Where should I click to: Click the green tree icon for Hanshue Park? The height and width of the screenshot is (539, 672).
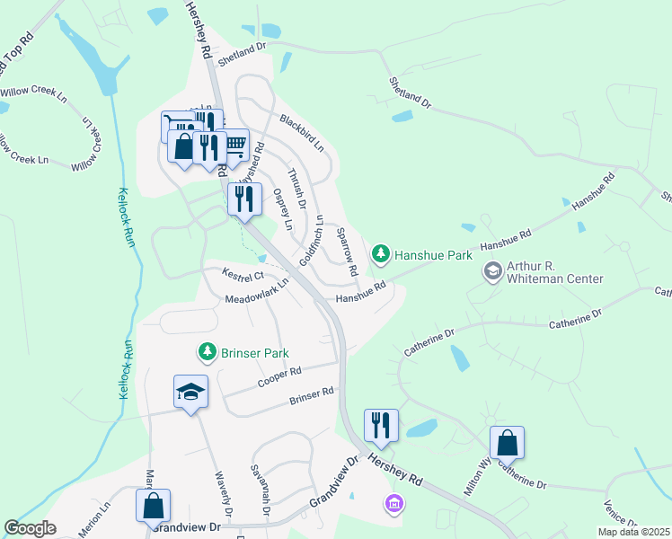(x=381, y=255)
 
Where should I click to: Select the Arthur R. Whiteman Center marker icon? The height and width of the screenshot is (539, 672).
(x=492, y=270)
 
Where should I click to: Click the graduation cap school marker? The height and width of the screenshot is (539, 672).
(x=190, y=392)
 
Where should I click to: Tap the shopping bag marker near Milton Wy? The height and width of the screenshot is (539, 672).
(x=507, y=442)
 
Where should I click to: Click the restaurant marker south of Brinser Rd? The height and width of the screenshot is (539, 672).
(x=381, y=426)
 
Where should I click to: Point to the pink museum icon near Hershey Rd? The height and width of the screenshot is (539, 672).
(x=393, y=504)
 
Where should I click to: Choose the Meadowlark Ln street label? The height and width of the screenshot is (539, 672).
(x=257, y=291)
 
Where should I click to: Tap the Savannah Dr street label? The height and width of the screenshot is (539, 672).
(x=262, y=490)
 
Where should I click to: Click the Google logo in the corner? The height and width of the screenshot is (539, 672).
(x=30, y=527)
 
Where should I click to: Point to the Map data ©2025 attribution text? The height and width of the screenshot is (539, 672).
(x=632, y=532)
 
